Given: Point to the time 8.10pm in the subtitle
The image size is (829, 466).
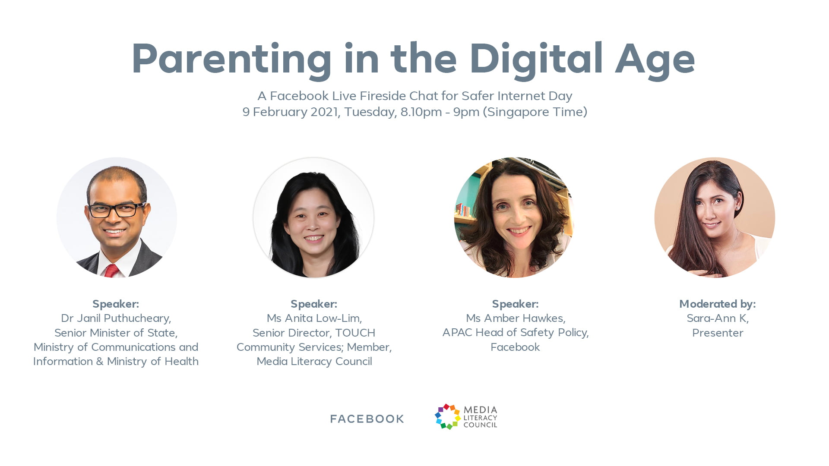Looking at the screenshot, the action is coord(421,112).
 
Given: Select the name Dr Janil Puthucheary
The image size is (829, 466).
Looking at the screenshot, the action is coord(116,318).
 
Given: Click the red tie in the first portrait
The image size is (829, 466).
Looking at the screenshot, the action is coord(111,271).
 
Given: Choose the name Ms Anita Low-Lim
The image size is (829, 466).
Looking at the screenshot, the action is coord(314,318).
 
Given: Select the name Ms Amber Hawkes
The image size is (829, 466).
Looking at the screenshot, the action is coord(516,318).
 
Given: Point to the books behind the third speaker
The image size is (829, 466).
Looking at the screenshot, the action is coord(463,210).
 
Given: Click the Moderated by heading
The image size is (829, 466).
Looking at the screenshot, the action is coord(718,304).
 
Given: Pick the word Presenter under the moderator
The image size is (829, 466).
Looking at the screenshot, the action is coord(718,333).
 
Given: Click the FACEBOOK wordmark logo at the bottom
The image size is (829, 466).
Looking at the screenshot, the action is coord(367,419).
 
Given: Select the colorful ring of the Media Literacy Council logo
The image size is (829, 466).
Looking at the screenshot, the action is coord(447,417).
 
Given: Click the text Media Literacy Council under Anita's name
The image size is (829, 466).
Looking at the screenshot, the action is coord(314,362).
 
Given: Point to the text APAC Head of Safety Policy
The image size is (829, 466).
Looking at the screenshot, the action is coord(516,333).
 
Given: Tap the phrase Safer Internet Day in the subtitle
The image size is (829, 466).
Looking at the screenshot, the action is coord(517,96).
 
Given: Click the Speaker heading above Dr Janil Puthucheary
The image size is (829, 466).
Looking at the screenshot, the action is coord(116,304).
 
